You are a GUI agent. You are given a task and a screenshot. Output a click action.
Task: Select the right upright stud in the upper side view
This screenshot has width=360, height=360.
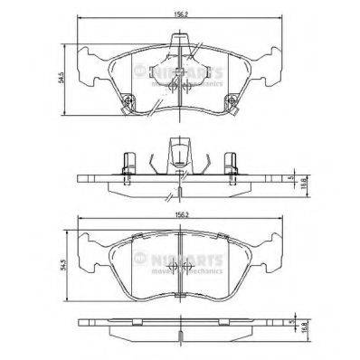tap(230, 164)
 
